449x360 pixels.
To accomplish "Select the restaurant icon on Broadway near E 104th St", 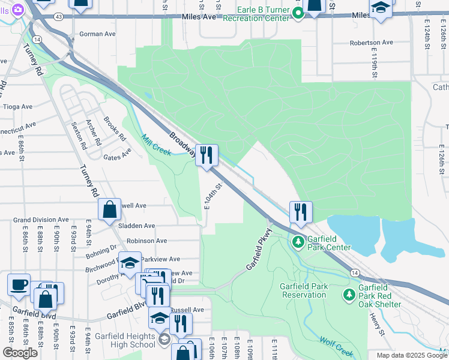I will [206, 155].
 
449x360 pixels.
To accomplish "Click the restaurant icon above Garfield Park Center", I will [300, 211].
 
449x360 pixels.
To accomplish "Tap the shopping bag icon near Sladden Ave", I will [110, 209].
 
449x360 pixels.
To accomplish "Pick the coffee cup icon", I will [19, 284].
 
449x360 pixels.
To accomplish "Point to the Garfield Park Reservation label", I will [304, 290].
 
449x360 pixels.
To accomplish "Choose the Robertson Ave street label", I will [371, 43].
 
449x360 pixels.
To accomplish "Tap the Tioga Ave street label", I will [17, 107].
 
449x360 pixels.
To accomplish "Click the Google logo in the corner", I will [20, 353].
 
